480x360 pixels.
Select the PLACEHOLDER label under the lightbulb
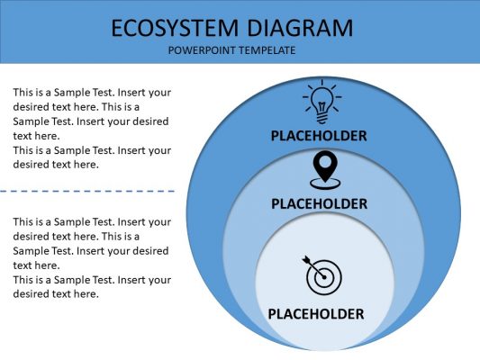[x=319, y=136]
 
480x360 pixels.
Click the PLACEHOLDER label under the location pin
[x=320, y=203]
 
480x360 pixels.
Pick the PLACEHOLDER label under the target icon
[x=316, y=314]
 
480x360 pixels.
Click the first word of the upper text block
[x=25, y=92]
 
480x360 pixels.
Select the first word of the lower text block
[x=25, y=221]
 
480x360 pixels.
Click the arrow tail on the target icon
[x=308, y=262]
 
